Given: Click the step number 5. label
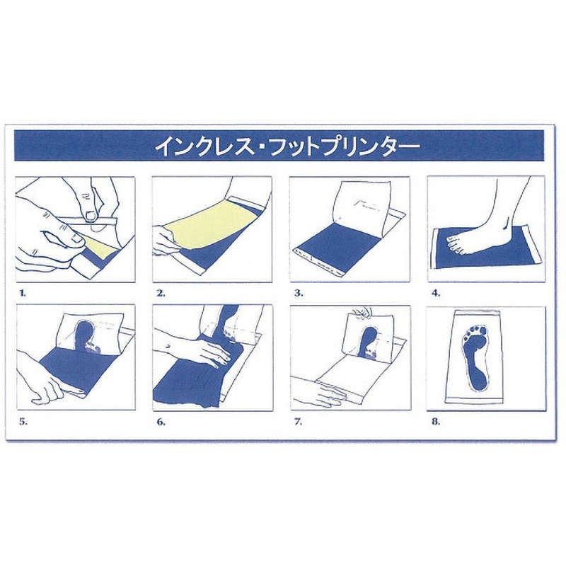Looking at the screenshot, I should (x=23, y=422).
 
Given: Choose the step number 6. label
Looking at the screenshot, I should (x=161, y=422).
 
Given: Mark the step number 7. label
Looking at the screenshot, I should (x=299, y=422).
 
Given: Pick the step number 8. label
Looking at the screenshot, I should (x=436, y=422).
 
